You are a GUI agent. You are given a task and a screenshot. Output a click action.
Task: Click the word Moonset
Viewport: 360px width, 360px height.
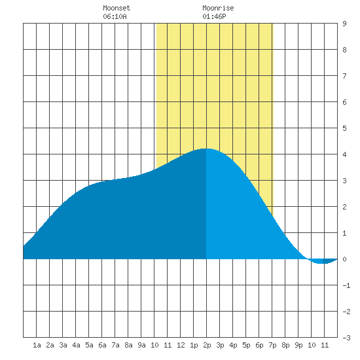(117, 8)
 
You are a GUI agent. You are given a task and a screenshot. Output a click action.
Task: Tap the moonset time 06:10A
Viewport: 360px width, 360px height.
(115, 16)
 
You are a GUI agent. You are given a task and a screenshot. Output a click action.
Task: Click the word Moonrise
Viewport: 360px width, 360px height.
(218, 8)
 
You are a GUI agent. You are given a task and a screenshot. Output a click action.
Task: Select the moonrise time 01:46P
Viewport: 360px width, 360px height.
(214, 16)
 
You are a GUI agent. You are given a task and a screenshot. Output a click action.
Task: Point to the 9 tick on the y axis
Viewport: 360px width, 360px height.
(344, 24)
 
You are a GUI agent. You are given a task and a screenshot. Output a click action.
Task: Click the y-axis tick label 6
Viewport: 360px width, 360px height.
(344, 102)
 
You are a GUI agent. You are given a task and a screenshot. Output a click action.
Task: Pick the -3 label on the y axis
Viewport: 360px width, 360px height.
(346, 338)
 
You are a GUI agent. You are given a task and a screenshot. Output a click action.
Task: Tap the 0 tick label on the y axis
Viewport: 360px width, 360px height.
(344, 259)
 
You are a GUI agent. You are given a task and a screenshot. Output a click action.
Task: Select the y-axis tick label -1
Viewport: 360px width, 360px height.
(346, 285)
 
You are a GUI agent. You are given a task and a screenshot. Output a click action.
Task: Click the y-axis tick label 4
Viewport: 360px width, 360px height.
(344, 154)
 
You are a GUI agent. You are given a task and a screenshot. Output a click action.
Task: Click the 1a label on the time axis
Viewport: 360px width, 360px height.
(37, 345)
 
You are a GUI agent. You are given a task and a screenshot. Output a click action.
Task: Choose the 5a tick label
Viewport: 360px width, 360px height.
(89, 345)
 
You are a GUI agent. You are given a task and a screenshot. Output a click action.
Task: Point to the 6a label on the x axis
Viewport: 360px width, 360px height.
(102, 345)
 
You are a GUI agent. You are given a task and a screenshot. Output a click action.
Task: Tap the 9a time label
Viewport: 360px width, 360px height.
(141, 345)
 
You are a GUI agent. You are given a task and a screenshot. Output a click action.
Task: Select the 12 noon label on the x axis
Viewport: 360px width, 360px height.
(181, 345)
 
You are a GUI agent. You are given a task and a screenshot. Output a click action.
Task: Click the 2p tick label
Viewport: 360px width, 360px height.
(207, 345)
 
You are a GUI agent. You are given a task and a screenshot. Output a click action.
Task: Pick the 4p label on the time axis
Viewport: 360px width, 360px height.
(233, 345)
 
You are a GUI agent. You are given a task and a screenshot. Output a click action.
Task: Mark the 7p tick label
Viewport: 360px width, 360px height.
(272, 345)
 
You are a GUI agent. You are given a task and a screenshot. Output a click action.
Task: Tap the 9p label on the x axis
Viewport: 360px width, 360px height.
(298, 345)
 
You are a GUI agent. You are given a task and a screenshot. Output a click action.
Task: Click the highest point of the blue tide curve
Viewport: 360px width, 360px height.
(206, 149)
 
